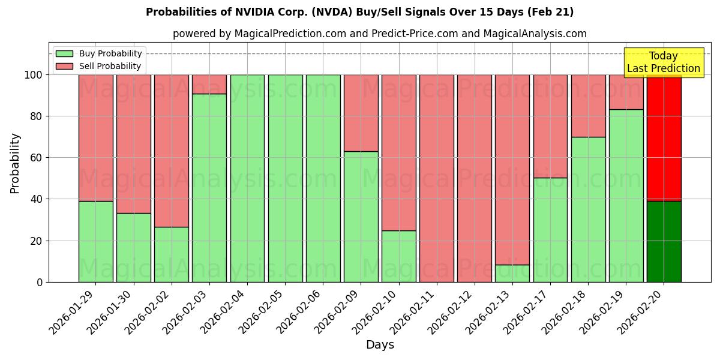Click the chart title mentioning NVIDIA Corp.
pyautogui.click(x=359, y=12)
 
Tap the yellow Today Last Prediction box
pyautogui.click(x=663, y=62)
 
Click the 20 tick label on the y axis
pyautogui.click(x=37, y=241)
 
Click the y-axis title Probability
pyautogui.click(x=15, y=163)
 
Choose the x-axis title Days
pyautogui.click(x=380, y=345)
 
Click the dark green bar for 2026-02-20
pyautogui.click(x=664, y=241)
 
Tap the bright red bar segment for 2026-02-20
pyautogui.click(x=664, y=138)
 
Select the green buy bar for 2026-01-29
pyautogui.click(x=96, y=241)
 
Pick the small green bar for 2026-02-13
pyautogui.click(x=512, y=274)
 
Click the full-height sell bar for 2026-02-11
pyautogui.click(x=437, y=178)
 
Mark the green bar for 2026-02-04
pyautogui.click(x=247, y=178)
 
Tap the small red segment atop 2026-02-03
pyautogui.click(x=209, y=84)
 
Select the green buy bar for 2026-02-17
pyautogui.click(x=550, y=230)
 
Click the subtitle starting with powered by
pyautogui.click(x=379, y=34)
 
